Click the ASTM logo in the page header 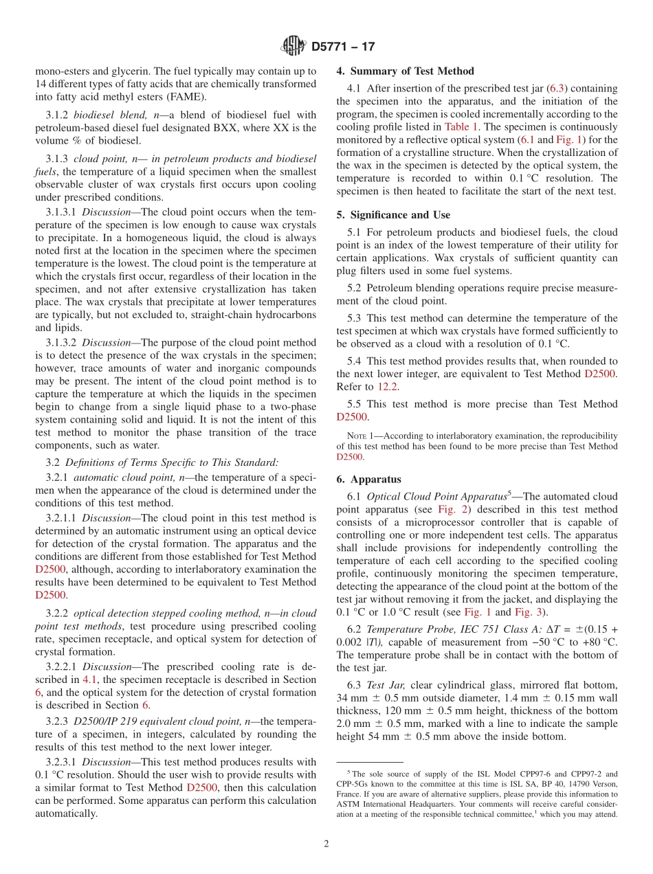click(294, 47)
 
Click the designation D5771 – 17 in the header click(343, 47)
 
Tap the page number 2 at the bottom click(326, 844)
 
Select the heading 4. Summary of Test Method click(405, 71)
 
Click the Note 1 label click(360, 436)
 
